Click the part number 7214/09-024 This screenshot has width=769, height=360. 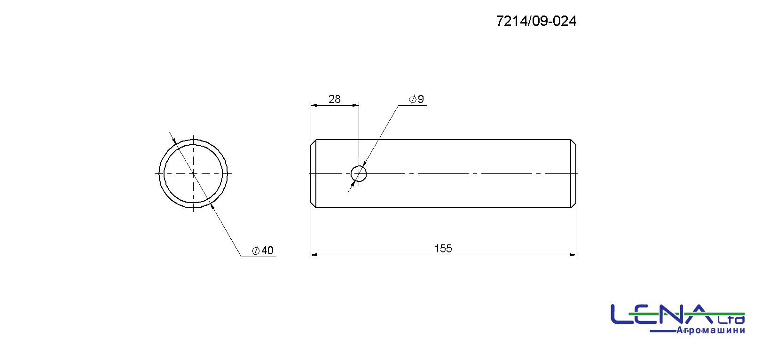point(536,21)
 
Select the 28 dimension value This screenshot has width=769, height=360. point(334,99)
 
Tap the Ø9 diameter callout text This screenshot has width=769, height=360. point(416,99)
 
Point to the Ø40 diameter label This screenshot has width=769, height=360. point(263,250)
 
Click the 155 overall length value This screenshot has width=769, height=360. point(443,249)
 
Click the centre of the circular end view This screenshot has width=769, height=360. point(193,173)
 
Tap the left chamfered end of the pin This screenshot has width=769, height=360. point(313,173)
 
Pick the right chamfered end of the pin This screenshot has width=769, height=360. point(573,173)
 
